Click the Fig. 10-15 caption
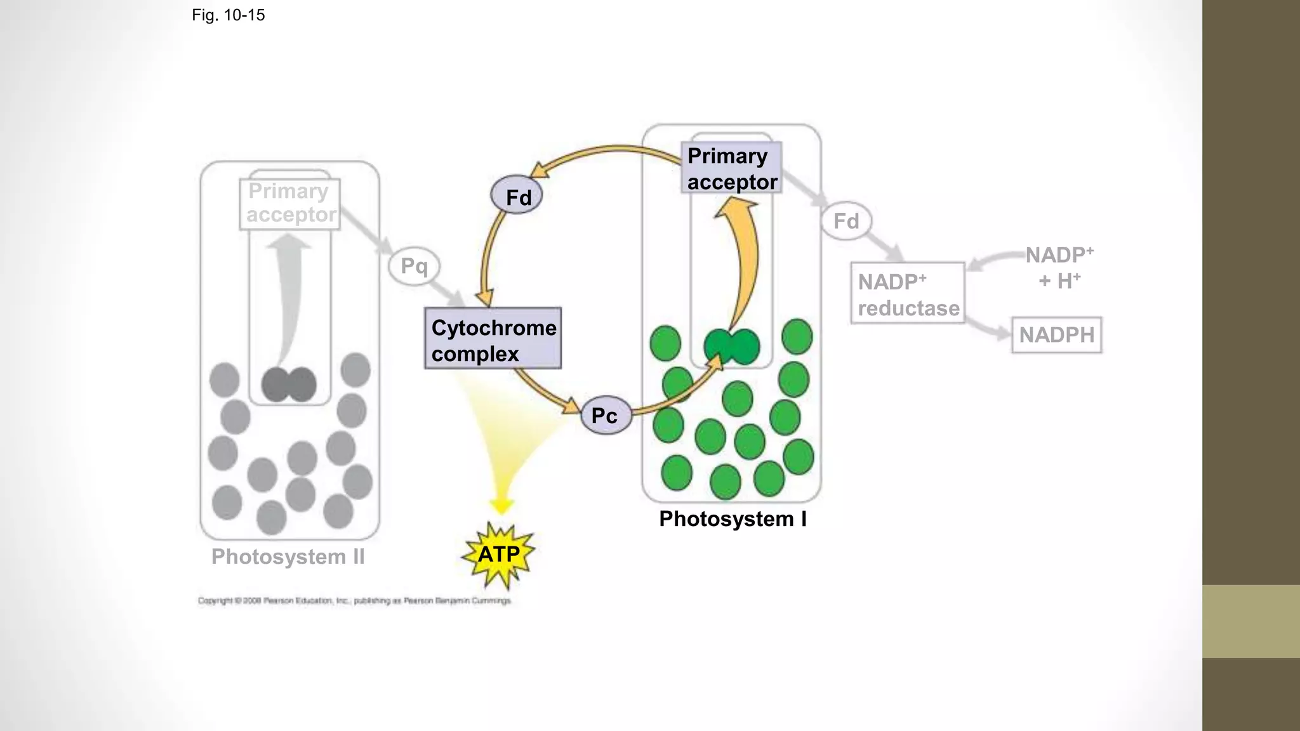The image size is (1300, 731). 228,15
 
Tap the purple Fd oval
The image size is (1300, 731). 517,195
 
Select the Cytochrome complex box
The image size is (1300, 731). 493,339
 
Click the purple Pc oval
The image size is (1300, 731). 606,416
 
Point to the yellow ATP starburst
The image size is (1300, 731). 499,555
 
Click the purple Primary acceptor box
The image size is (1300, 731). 731,168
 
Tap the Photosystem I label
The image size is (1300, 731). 733,519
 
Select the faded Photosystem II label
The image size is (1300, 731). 288,557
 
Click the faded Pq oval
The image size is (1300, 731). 414,266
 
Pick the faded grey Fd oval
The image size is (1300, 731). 846,221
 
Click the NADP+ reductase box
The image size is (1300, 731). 908,294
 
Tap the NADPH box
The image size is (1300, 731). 1056,335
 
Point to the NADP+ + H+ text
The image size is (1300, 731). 1059,267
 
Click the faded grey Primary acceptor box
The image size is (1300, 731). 290,203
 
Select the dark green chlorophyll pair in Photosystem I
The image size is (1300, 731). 732,346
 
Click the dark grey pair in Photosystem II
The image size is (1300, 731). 289,385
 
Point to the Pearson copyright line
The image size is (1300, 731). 354,600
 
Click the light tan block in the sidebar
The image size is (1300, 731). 1251,621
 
